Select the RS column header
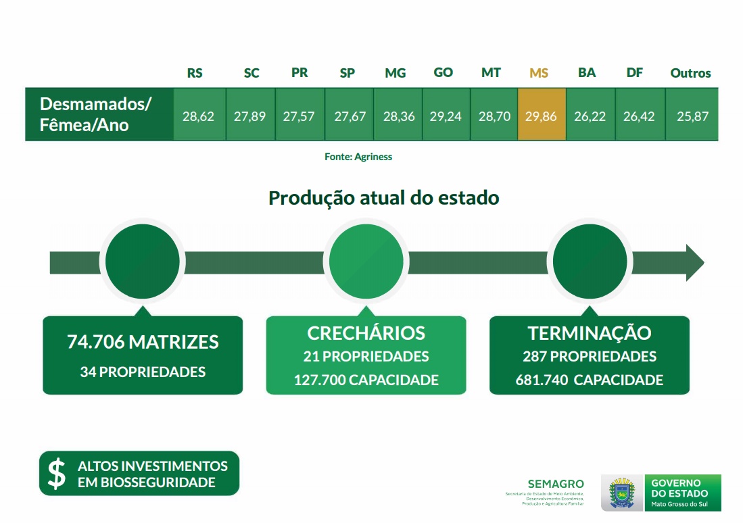tap(195, 73)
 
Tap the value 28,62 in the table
tap(198, 116)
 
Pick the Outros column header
tap(690, 73)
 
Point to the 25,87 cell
tap(692, 116)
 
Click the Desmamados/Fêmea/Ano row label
tap(95, 114)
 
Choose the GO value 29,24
tap(446, 116)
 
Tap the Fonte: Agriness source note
tap(358, 156)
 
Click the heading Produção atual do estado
tap(384, 197)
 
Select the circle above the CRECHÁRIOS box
tap(366, 261)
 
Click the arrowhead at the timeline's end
tap(695, 262)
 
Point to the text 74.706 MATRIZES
tap(143, 342)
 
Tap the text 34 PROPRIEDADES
tap(143, 372)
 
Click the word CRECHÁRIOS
tap(366, 333)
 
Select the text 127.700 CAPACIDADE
tap(366, 380)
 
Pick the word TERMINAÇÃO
tap(590, 332)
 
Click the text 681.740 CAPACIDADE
tap(590, 380)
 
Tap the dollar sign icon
tap(57, 473)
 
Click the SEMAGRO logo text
tap(556, 484)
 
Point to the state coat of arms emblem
tap(622, 493)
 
